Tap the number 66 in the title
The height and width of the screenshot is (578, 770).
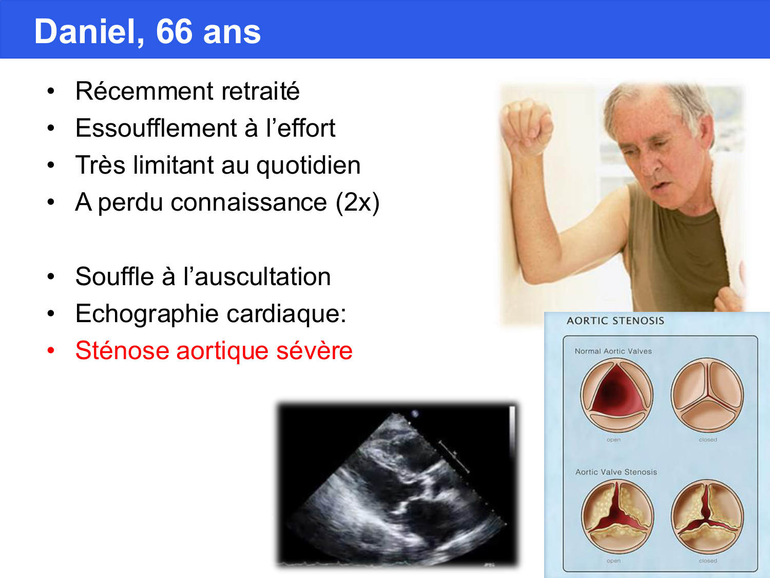click(x=174, y=32)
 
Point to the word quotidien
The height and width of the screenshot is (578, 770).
click(x=308, y=166)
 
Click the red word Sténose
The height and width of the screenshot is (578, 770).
click(x=122, y=351)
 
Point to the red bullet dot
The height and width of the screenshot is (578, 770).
click(x=50, y=351)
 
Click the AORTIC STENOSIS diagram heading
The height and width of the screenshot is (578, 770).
click(x=615, y=321)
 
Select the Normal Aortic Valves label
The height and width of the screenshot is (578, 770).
click(x=613, y=351)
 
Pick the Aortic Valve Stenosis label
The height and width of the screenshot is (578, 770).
click(x=616, y=472)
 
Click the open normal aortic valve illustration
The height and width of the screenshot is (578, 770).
click(x=617, y=395)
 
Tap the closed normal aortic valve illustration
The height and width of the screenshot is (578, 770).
click(x=707, y=395)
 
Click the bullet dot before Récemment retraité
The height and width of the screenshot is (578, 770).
click(x=50, y=91)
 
